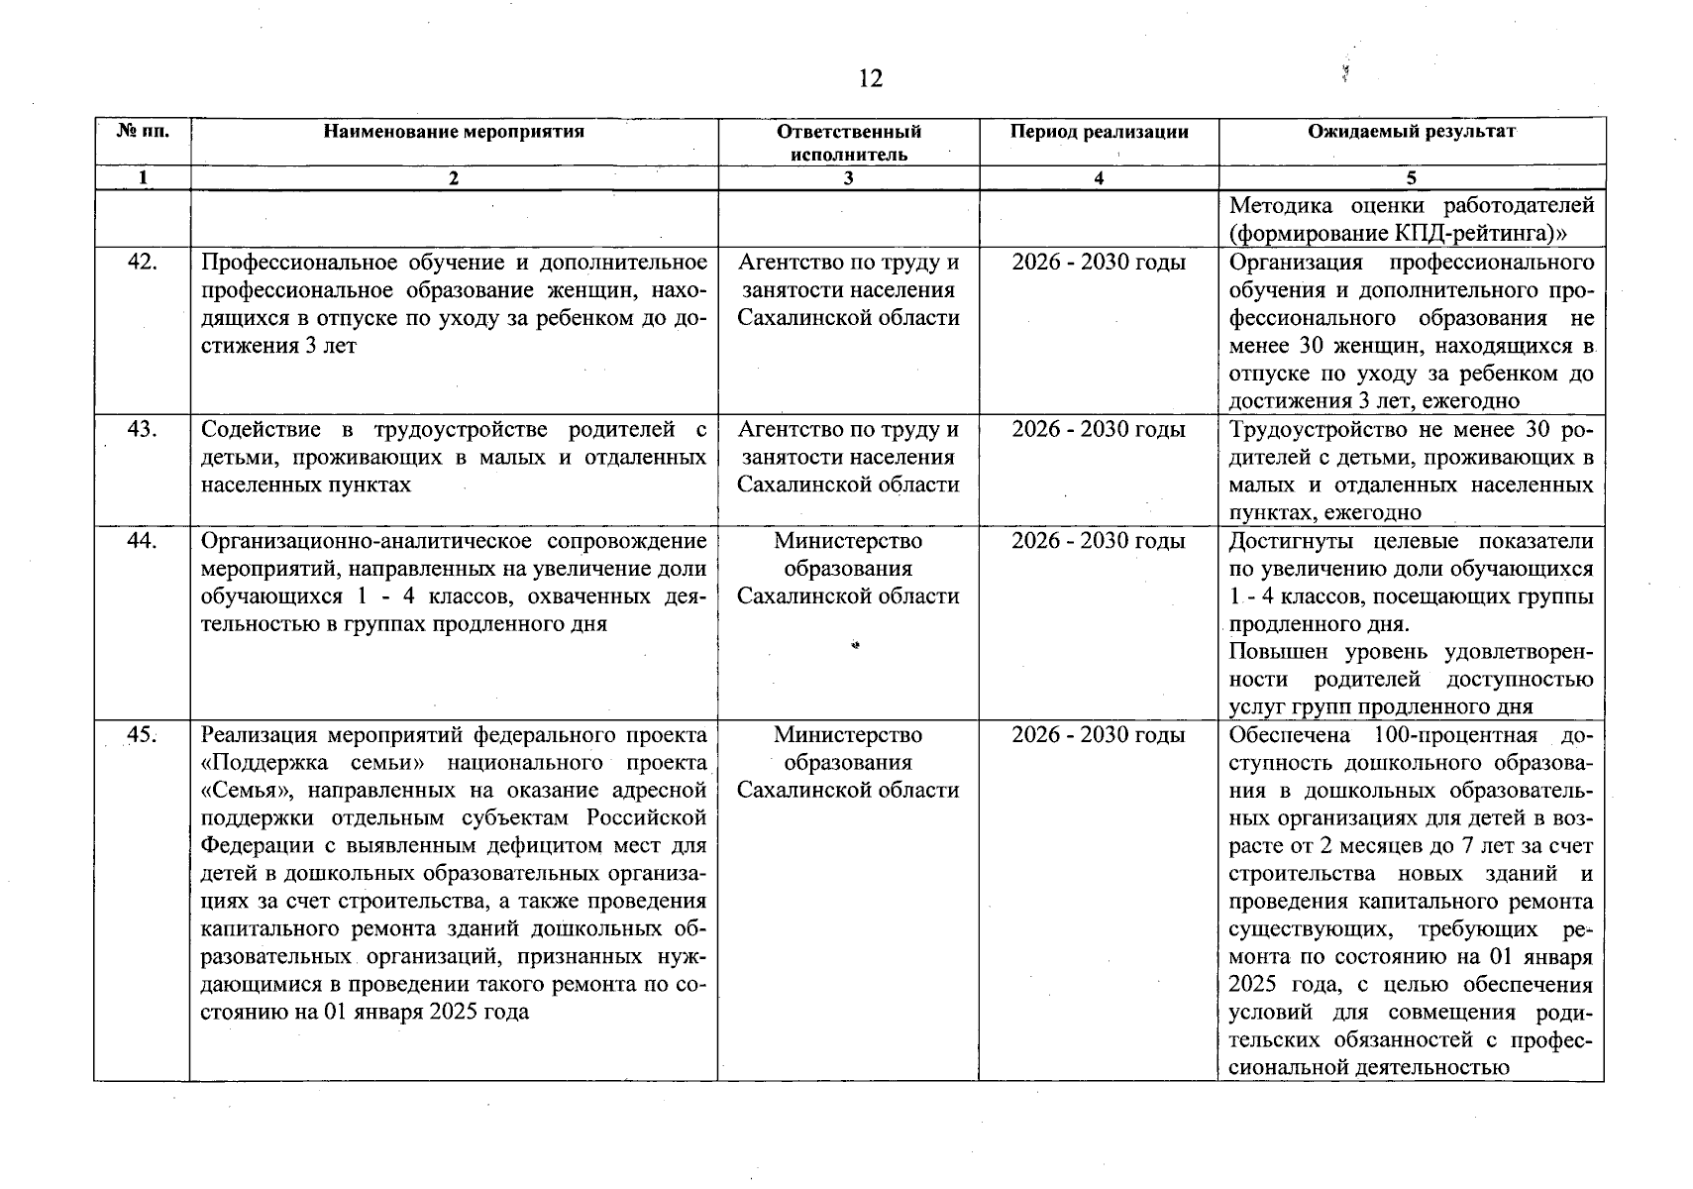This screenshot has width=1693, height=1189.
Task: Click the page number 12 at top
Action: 870,79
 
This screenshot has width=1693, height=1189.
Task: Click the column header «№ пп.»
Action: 143,132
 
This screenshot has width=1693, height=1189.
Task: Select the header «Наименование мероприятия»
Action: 454,132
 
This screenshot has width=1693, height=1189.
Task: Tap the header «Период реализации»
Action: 1099,132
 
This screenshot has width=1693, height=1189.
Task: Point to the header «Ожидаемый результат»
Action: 1411,132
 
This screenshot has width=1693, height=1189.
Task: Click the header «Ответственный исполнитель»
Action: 848,143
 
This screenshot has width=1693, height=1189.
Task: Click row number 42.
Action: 143,263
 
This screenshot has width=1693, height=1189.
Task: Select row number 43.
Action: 143,429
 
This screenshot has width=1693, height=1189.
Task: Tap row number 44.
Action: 143,541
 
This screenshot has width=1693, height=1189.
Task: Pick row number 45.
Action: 143,735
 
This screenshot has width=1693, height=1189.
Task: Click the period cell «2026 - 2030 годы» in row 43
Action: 1099,429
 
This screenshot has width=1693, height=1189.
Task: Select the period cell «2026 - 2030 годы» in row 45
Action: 1099,735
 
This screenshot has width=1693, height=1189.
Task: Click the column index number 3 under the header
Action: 848,178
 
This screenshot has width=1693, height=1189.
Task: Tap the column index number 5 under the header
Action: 1411,178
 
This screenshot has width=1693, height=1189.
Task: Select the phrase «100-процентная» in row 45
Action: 1455,735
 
